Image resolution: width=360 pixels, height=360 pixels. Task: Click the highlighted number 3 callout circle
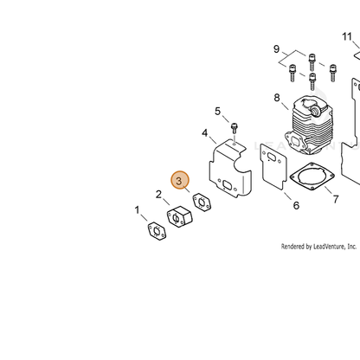click(x=180, y=180)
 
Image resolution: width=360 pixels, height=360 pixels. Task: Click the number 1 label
click(x=138, y=210)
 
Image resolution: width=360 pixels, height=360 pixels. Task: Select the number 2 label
click(x=158, y=195)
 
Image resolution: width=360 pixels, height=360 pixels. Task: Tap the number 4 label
click(x=204, y=133)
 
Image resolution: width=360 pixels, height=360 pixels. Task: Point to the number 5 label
click(x=217, y=111)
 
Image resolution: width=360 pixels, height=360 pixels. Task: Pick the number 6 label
click(x=296, y=205)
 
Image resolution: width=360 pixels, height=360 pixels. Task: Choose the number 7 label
click(x=336, y=199)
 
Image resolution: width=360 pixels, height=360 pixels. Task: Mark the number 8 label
click(x=277, y=98)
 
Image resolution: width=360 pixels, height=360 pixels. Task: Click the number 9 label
click(x=276, y=49)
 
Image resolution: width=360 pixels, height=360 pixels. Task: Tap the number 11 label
click(x=347, y=36)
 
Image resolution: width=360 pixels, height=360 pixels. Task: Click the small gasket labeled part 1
click(x=157, y=231)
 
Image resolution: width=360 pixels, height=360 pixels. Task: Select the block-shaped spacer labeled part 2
click(x=179, y=216)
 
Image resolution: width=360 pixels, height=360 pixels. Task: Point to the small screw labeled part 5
click(x=235, y=128)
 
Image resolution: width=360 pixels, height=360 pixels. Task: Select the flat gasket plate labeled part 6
click(x=273, y=167)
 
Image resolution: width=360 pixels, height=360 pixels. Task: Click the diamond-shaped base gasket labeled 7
click(x=312, y=177)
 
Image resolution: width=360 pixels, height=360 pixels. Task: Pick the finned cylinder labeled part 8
click(x=309, y=125)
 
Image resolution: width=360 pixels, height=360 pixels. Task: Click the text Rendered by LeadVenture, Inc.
click(x=318, y=247)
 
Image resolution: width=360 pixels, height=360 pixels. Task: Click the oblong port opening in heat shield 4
click(x=227, y=185)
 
